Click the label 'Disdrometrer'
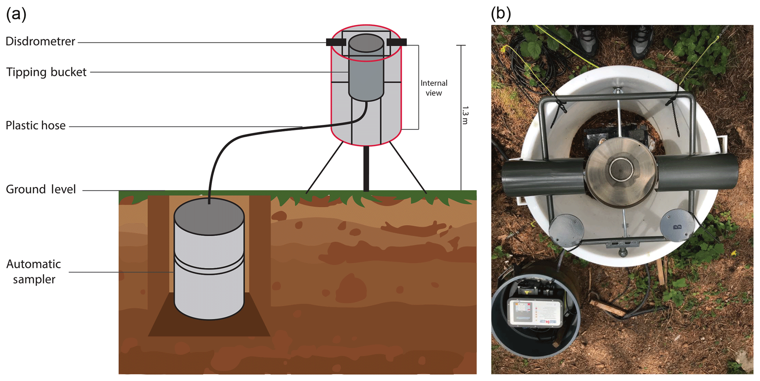coord(40,42)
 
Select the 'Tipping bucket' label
coord(46,72)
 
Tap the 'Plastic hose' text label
coord(36,126)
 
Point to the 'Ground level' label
coord(41,190)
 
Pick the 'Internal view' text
coord(434,88)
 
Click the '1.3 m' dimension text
coord(465,115)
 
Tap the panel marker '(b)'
coord(501,14)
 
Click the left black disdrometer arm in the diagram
coord(335,42)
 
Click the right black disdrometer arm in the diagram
coord(397,42)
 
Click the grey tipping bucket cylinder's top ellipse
coord(366,43)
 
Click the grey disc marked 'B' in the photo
coord(677,225)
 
